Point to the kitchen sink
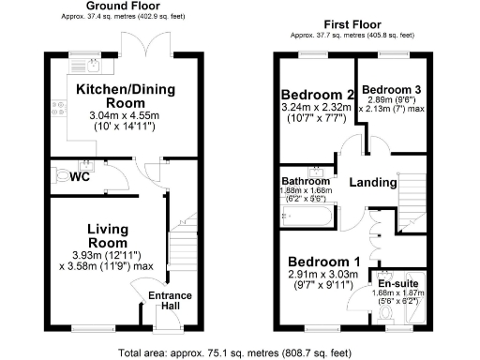(94, 66)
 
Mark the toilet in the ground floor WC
(65, 175)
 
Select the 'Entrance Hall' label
(171, 303)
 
